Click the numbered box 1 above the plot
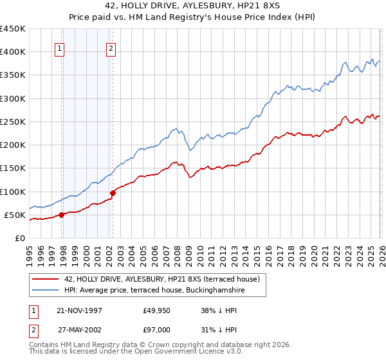tap(59, 48)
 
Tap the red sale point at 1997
tap(62, 215)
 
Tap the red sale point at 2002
tap(113, 192)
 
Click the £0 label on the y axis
tap(19, 238)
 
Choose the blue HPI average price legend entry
tap(154, 291)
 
